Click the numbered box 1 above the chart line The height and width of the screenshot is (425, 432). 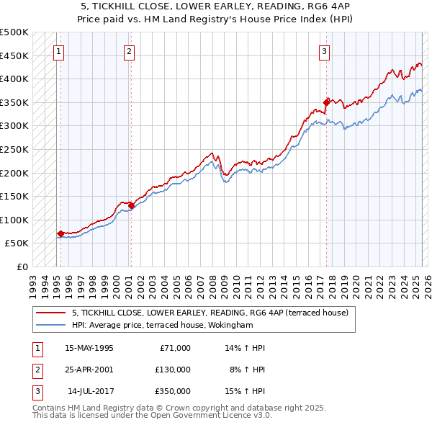(x=58, y=51)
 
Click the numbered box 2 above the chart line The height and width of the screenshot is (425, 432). (x=128, y=51)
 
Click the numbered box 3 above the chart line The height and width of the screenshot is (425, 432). (x=325, y=51)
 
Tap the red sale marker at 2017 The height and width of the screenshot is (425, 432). (x=326, y=102)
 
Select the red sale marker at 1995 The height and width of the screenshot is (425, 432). (x=60, y=233)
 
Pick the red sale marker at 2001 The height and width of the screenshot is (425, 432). (x=131, y=205)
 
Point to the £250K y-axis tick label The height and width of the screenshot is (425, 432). (x=14, y=149)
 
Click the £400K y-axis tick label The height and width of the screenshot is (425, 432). (x=14, y=79)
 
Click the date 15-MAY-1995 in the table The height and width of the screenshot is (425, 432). (x=89, y=347)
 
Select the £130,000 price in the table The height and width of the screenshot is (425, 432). (x=173, y=370)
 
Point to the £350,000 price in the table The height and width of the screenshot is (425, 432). (x=173, y=392)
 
